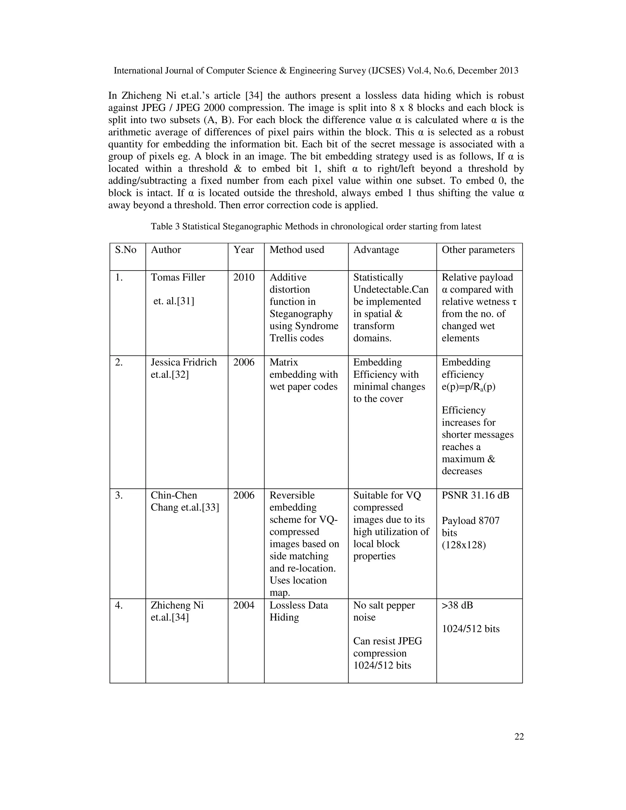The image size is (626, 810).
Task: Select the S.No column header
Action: (125, 250)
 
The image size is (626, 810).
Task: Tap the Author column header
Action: (166, 250)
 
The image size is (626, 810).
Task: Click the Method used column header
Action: (297, 250)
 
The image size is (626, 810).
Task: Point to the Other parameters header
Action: (478, 250)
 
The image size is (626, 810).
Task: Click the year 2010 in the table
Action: (244, 278)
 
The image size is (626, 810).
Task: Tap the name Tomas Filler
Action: (178, 278)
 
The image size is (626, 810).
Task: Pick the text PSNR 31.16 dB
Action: (475, 495)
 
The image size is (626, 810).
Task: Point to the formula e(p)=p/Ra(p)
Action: (468, 387)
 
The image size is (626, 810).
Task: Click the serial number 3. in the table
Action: (119, 495)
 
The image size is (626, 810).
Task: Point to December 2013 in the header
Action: (488, 71)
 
